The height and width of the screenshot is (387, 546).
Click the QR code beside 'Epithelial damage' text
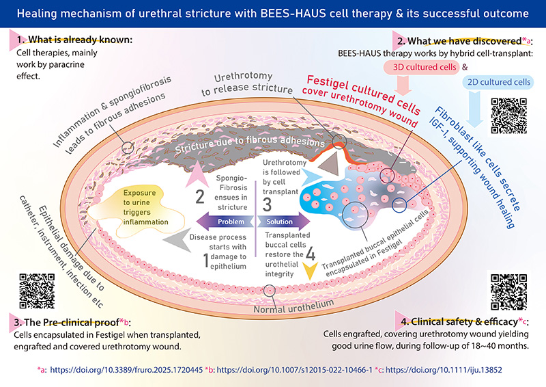pos(37,291)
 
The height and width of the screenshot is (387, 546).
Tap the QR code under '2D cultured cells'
pos(508,116)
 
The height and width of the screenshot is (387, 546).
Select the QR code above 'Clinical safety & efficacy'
pos(508,292)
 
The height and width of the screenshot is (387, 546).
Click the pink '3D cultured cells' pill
pos(421,67)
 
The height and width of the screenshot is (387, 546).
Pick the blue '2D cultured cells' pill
pos(498,82)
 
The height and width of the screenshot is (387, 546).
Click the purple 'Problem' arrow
pos(225,222)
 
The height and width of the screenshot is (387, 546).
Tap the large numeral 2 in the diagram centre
pos(200,196)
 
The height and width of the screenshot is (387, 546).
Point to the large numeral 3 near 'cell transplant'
pos(267,204)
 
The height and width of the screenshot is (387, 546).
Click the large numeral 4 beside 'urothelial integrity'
pos(311,254)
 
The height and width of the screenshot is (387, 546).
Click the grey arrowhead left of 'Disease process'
pos(177,239)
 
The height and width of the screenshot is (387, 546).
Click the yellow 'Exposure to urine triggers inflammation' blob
pos(136,212)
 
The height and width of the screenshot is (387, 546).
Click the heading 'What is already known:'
pos(80,40)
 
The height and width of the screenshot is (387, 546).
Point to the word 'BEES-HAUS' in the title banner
pos(293,14)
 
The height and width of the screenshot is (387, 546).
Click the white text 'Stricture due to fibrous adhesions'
pos(250,144)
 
